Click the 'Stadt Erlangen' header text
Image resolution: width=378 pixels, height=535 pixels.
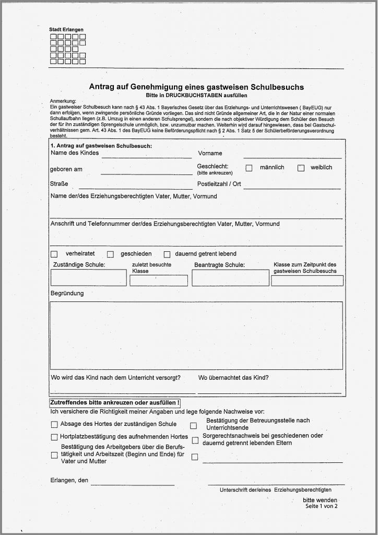pyautogui.click(x=66, y=30)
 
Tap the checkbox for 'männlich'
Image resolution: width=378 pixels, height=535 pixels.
pyautogui.click(x=249, y=168)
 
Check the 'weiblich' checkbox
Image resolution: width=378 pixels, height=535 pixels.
pyautogui.click(x=301, y=168)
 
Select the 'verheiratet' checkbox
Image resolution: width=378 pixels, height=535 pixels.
pyautogui.click(x=54, y=254)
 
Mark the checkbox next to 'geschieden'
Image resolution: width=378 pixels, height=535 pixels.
pyautogui.click(x=110, y=254)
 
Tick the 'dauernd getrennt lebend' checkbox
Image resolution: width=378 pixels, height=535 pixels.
pyautogui.click(x=167, y=254)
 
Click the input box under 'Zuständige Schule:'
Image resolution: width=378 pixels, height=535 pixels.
pyautogui.click(x=88, y=277)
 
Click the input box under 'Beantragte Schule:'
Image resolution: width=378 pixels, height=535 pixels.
pyautogui.click(x=226, y=277)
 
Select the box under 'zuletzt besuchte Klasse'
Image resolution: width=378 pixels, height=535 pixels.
pyautogui.click(x=159, y=281)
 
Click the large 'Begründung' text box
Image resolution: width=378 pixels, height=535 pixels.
pyautogui.click(x=196, y=335)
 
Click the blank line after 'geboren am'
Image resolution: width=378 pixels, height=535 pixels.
pyautogui.click(x=146, y=170)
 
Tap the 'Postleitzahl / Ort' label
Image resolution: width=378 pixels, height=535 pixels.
pyautogui.click(x=219, y=184)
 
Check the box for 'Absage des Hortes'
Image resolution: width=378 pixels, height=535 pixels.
pyautogui.click(x=54, y=425)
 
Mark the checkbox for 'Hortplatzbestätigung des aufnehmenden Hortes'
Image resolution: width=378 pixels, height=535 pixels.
pyautogui.click(x=54, y=437)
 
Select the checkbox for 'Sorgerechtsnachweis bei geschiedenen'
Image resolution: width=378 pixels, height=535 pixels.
pyautogui.click(x=195, y=440)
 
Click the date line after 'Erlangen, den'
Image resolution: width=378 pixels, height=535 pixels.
pyautogui.click(x=133, y=481)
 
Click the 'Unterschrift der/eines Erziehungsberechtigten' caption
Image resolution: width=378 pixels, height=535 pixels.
pyautogui.click(x=275, y=490)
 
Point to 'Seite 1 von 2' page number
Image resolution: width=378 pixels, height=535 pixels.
pyautogui.click(x=322, y=506)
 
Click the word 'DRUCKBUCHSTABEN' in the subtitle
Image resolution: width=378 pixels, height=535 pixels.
pyautogui.click(x=189, y=96)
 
